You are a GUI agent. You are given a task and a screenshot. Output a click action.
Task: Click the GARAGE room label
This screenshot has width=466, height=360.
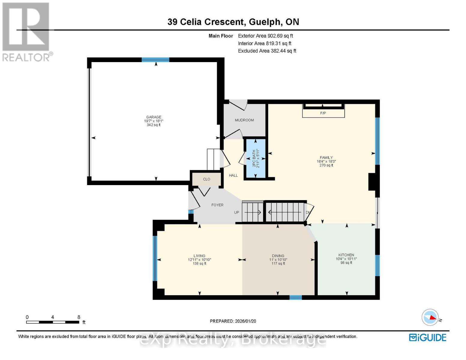(x=154, y=117)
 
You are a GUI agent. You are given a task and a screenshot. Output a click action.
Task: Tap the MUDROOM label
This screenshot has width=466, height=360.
(x=244, y=120)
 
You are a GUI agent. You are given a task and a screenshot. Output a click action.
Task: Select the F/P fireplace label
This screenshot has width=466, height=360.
(x=323, y=113)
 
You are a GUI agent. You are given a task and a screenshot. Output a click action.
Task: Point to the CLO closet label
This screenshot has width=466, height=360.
(x=206, y=179)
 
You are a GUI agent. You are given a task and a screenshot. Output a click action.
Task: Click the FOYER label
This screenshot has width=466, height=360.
(x=217, y=205)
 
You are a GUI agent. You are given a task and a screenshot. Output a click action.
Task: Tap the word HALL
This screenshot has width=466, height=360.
(x=233, y=175)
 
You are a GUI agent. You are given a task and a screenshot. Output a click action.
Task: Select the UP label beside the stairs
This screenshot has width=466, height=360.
(x=236, y=212)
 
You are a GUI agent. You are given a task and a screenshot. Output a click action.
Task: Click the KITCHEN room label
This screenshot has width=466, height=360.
(x=346, y=255)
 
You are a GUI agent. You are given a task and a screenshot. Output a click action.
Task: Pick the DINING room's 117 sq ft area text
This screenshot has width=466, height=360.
(x=278, y=264)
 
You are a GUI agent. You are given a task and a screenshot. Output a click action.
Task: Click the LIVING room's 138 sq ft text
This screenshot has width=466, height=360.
(x=199, y=264)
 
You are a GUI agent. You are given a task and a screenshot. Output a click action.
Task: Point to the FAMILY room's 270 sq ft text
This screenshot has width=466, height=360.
(x=326, y=165)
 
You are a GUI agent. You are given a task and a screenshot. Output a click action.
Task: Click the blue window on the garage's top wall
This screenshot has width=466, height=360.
(x=155, y=60)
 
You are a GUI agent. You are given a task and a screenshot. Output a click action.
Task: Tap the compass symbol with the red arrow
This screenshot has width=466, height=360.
(x=430, y=317)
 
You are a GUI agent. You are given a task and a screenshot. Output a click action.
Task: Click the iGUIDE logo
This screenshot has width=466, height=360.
(x=428, y=337)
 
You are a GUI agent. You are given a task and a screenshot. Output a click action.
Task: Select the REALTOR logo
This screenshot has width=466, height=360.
(x=26, y=31)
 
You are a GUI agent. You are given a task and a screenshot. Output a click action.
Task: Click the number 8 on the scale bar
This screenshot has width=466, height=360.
(x=79, y=317)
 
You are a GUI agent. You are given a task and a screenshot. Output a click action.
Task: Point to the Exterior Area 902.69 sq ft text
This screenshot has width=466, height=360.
(x=265, y=36)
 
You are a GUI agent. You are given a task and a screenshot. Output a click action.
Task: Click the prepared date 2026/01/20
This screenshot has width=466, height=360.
(x=245, y=321)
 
